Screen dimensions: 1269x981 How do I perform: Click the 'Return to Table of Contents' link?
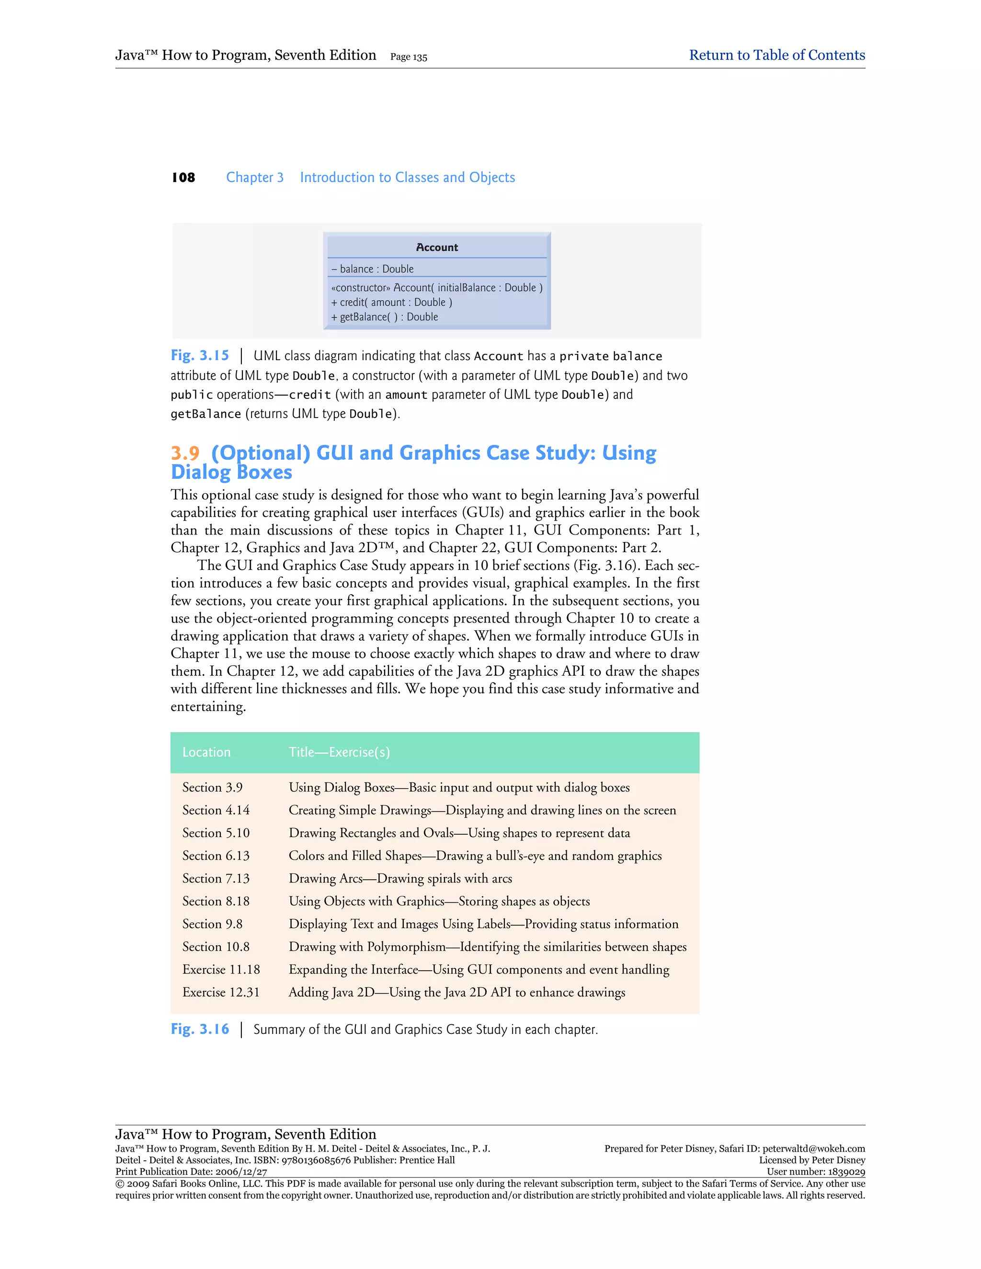pos(776,55)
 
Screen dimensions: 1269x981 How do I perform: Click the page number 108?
pos(183,178)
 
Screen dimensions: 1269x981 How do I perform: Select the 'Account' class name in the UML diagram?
pos(436,248)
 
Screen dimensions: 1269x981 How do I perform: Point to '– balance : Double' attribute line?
pos(373,269)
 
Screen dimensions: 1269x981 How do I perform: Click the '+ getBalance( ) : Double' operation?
pos(385,317)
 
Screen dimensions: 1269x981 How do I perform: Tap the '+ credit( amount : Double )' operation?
pos(392,303)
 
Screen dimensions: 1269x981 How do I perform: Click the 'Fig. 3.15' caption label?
pos(200,356)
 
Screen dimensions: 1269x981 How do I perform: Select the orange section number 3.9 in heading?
pos(185,453)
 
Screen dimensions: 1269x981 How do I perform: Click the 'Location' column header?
pos(206,752)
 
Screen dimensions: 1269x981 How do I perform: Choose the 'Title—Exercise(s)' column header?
pos(340,752)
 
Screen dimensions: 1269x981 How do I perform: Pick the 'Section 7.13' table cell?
pos(216,879)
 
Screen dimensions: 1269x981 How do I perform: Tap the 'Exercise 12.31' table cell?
pos(221,992)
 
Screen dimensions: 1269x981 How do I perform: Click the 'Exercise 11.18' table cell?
pos(221,970)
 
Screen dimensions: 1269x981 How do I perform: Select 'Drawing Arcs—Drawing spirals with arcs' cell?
pos(400,879)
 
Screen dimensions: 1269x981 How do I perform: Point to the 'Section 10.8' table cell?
pos(216,947)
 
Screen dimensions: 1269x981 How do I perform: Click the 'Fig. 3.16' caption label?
pos(200,1030)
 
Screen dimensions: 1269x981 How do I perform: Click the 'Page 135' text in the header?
pos(409,57)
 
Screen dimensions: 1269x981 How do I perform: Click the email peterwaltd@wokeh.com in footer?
pos(814,1149)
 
